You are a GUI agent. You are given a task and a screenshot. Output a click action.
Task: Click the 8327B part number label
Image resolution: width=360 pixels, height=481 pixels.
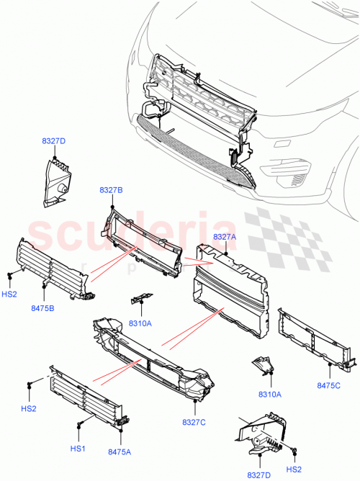[111, 190]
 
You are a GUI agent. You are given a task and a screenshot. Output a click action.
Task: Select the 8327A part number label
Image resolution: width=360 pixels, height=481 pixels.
[225, 236]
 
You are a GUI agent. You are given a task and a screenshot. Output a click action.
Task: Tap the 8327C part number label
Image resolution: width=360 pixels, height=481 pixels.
[194, 422]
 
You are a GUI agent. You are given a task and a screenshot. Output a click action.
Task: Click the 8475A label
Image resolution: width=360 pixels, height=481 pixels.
[119, 452]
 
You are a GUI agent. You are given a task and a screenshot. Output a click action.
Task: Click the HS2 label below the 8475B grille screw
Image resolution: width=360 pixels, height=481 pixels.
[9, 294]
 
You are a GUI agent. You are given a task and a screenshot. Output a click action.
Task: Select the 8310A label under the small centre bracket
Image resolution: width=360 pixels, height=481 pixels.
[140, 324]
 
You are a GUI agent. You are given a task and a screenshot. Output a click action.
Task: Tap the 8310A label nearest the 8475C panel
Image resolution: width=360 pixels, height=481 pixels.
[269, 394]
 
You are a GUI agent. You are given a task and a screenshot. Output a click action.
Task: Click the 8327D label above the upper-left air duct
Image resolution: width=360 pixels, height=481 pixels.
[53, 141]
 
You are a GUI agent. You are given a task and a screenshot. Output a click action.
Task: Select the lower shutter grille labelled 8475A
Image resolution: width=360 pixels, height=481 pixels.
[88, 397]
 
